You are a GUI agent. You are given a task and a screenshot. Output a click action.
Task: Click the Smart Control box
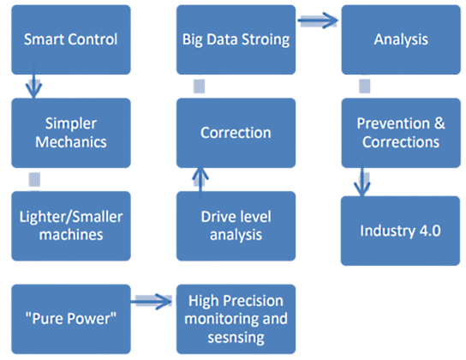[71, 39]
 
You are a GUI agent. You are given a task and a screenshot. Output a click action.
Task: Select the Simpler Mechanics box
[71, 133]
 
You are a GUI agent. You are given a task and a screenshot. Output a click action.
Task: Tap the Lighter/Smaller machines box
[71, 226]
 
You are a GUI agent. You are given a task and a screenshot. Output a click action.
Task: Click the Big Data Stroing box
[236, 39]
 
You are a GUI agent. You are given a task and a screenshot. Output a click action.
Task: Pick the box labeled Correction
[236, 133]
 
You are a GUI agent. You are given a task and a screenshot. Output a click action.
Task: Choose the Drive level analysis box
[236, 226]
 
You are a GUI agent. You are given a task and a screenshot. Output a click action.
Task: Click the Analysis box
[401, 39]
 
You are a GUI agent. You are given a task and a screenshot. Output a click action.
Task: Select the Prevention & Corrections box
[401, 133]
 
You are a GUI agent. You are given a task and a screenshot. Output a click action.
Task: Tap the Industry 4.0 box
[400, 231]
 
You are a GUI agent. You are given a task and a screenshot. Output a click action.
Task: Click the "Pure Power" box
[71, 319]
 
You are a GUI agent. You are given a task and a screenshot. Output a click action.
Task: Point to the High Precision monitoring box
[236, 319]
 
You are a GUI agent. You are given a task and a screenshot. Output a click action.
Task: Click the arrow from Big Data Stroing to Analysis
[318, 21]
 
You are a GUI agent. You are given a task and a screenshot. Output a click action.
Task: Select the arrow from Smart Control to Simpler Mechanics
[33, 81]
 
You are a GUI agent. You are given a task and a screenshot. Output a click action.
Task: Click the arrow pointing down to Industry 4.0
[362, 180]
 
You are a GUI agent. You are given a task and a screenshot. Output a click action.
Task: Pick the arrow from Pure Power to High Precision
[152, 302]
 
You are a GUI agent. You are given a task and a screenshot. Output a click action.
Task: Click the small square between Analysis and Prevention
[365, 87]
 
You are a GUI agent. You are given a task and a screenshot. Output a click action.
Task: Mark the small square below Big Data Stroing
[199, 87]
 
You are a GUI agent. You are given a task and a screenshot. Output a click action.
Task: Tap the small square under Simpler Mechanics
[34, 179]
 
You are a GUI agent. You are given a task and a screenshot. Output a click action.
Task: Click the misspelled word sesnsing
[236, 338]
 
